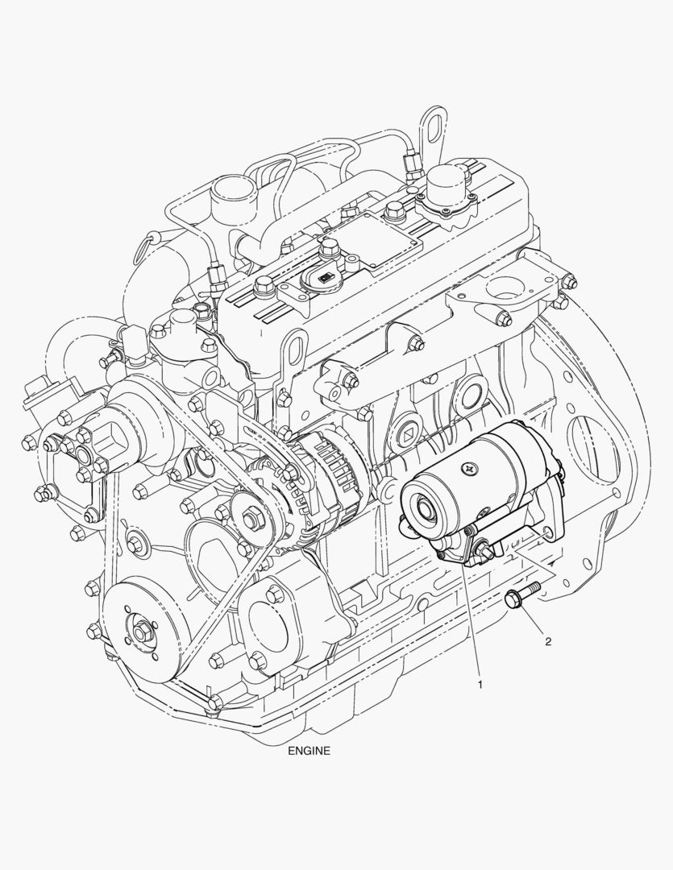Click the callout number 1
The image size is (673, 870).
[480, 685]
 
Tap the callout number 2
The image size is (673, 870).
[548, 641]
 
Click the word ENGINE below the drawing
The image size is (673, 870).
[309, 751]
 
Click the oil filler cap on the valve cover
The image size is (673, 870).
[447, 182]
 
